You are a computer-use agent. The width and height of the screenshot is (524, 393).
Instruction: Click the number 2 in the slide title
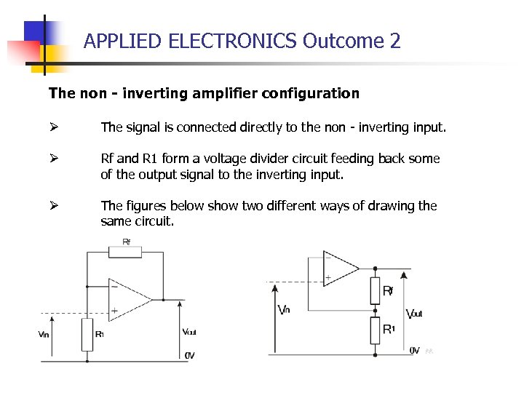pyautogui.click(x=395, y=41)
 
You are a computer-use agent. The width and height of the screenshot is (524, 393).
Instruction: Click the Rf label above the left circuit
pyautogui.click(x=127, y=241)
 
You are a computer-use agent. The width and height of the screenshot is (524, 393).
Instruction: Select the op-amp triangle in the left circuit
pyautogui.click(x=128, y=298)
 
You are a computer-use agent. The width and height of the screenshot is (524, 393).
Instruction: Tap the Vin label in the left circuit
pyautogui.click(x=44, y=334)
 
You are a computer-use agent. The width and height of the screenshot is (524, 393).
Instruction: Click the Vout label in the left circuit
pyautogui.click(x=190, y=332)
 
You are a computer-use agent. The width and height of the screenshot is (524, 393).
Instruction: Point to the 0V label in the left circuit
pyautogui.click(x=190, y=355)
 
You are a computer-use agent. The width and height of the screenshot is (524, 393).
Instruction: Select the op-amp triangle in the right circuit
pyautogui.click(x=340, y=267)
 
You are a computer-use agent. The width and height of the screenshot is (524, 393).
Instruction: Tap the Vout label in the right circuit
pyautogui.click(x=413, y=314)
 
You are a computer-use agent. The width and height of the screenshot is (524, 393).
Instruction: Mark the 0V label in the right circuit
pyautogui.click(x=414, y=350)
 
